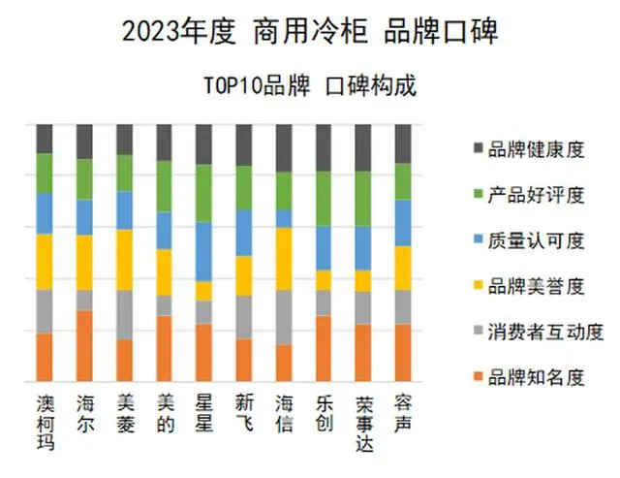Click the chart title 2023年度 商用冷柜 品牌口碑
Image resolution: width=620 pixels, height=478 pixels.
(310, 32)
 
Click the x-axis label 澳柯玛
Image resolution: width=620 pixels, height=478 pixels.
(45, 422)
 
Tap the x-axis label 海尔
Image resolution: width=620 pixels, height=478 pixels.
(84, 411)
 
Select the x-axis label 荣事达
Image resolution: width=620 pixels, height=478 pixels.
(363, 422)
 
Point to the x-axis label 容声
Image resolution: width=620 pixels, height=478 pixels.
(403, 411)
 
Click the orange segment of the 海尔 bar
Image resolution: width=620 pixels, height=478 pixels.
(84, 345)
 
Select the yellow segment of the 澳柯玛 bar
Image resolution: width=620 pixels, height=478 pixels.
(45, 262)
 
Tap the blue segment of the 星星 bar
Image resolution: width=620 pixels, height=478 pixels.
(203, 251)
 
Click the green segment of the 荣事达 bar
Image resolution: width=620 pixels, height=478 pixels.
(363, 199)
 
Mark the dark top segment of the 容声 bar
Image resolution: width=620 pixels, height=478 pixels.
(403, 143)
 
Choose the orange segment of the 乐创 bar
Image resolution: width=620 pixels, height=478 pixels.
(324, 348)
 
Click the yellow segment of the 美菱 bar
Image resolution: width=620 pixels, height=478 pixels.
(124, 260)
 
